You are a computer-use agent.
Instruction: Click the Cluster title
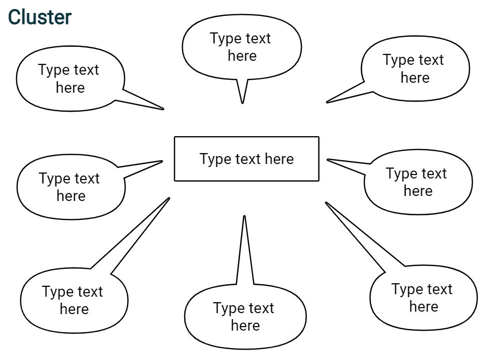tap(40, 17)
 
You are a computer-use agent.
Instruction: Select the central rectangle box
tap(247, 159)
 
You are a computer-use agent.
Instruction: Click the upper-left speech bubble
tap(69, 79)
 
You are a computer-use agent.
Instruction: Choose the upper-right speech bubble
tap(415, 69)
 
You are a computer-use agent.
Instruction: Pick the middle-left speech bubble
tap(70, 187)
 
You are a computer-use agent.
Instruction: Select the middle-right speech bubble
tap(417, 182)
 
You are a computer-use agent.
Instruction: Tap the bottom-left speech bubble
tap(73, 300)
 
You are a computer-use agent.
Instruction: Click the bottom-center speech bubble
tap(245, 317)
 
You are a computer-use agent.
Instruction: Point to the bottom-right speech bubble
tap(423, 298)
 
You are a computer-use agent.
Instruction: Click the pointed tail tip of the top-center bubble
tap(243, 103)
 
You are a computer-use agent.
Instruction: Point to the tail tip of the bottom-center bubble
tap(244, 216)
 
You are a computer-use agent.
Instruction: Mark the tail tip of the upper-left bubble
tap(163, 109)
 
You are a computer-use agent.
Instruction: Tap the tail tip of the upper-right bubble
tap(327, 102)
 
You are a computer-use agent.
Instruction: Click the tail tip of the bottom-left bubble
tap(169, 198)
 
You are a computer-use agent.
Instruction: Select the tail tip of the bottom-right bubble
tap(326, 202)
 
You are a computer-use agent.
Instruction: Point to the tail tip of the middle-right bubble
tap(327, 160)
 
